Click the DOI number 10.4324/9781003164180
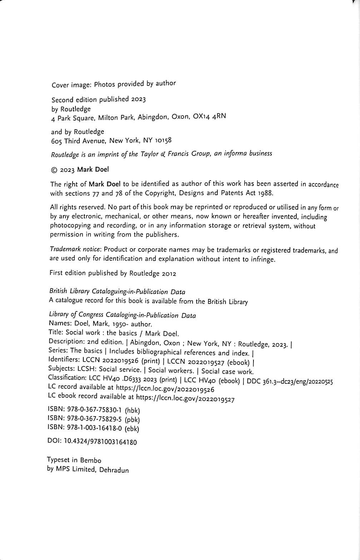(x=100, y=442)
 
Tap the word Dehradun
(x=114, y=470)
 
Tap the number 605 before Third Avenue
(x=56, y=141)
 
